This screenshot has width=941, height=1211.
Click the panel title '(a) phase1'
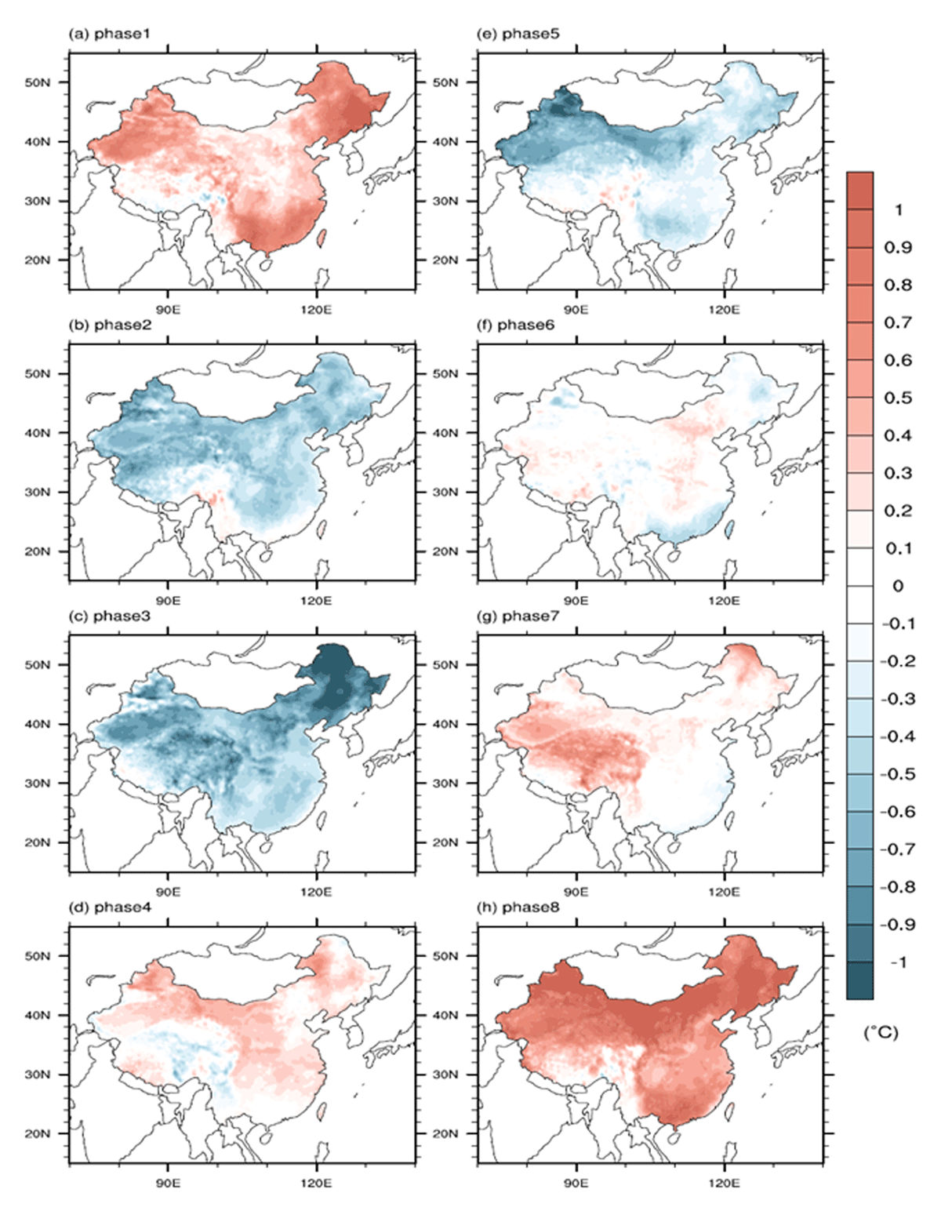[x=110, y=35]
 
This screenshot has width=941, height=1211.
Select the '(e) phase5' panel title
[x=518, y=35]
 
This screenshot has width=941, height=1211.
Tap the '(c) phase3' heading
[x=110, y=617]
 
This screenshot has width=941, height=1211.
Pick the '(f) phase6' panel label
[x=516, y=325]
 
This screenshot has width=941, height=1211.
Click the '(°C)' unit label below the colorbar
[x=881, y=1033]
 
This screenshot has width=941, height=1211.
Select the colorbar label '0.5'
[x=898, y=398]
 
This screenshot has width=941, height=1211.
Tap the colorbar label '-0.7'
[x=898, y=849]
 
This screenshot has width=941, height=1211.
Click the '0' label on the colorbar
[x=898, y=586]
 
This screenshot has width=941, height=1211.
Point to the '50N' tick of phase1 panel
[x=37, y=82]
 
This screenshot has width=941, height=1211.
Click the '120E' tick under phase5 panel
[x=725, y=309]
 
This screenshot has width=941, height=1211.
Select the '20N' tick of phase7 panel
[x=445, y=842]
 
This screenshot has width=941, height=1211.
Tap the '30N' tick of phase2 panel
[x=37, y=492]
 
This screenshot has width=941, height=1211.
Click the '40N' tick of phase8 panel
[x=445, y=1016]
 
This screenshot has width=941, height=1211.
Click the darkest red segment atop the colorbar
[x=859, y=191]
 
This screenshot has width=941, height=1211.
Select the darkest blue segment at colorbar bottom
[x=859, y=980]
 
